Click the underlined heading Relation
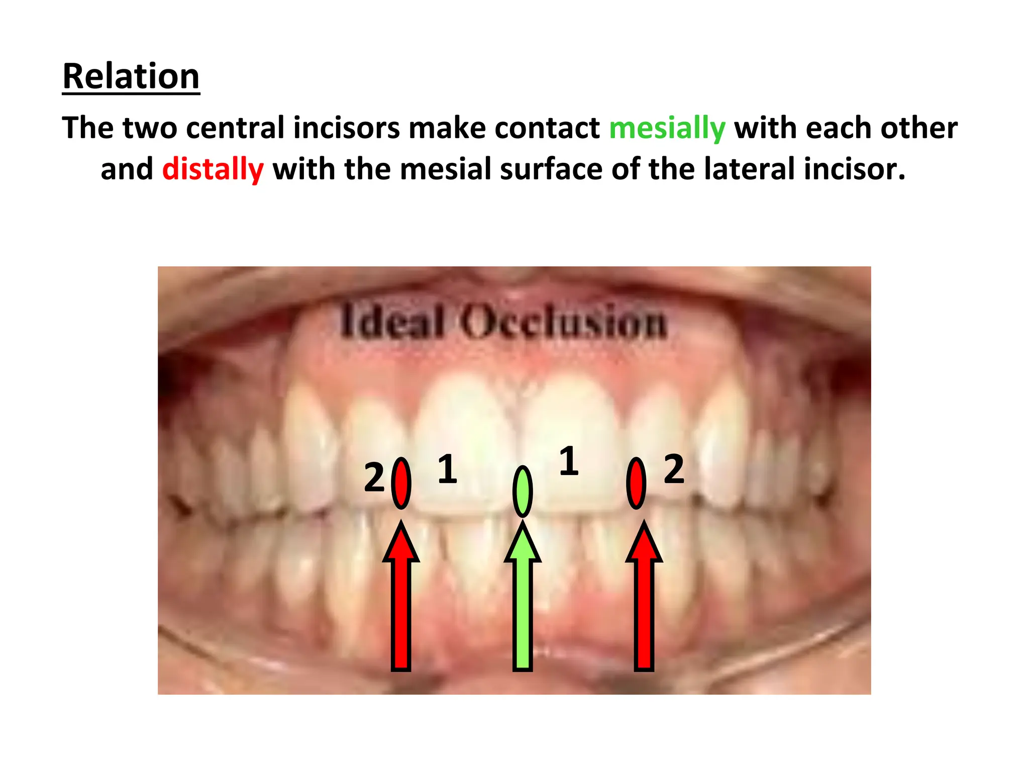131,76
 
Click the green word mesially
667,128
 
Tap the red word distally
213,169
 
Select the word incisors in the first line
347,128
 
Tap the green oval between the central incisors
523,492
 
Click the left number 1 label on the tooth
447,469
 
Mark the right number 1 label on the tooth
569,460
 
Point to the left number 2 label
374,477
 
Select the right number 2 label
674,469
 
